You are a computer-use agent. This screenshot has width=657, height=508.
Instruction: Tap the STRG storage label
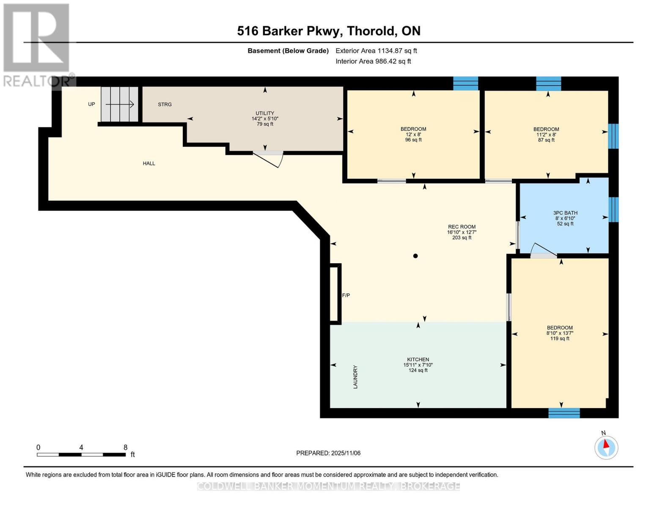click(165, 104)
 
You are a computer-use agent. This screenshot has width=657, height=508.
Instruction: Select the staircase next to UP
click(120, 104)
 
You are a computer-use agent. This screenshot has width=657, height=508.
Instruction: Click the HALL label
click(149, 163)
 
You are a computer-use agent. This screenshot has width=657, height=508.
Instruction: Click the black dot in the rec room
click(415, 256)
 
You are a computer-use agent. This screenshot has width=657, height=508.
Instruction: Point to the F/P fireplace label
click(346, 295)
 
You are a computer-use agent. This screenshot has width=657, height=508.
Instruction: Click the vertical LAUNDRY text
click(355, 377)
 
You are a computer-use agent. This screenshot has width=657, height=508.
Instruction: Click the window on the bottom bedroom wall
click(564, 413)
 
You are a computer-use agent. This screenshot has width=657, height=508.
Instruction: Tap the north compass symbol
click(606, 447)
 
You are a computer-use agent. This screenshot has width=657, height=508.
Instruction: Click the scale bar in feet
click(81, 454)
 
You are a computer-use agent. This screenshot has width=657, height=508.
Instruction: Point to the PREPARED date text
click(328, 453)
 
